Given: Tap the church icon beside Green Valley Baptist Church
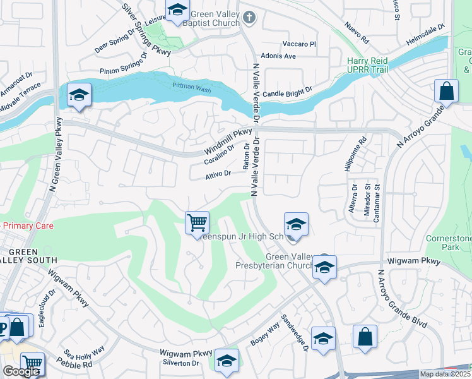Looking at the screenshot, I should [x=250, y=17].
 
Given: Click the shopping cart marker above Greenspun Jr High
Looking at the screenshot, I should [x=197, y=223].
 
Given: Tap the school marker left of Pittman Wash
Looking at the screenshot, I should [x=79, y=96].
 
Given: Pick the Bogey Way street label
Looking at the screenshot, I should [x=265, y=334].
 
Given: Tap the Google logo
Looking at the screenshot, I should [x=21, y=371].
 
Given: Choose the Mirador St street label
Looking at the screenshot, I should [x=366, y=200].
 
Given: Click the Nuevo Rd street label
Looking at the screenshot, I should [x=357, y=32].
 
